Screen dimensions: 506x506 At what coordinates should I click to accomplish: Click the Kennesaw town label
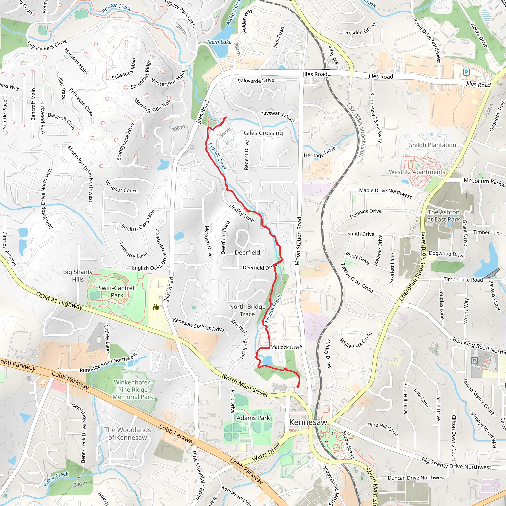coord(308,422)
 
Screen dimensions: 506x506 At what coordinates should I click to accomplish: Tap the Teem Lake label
coord(219,42)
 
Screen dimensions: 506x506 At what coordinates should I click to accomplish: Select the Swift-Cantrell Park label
coord(117,292)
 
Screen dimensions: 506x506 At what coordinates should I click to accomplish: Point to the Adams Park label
coord(253,418)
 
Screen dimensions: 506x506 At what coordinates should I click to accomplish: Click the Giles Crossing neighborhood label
coord(263,133)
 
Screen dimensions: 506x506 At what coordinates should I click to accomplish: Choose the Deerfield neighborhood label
coord(247,253)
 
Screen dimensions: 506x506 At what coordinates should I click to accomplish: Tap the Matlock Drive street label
coord(286,347)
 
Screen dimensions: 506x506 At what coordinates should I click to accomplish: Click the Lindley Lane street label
coord(241,213)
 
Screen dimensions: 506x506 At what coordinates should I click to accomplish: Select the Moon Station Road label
coord(298,241)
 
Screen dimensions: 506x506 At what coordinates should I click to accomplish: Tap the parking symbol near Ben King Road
coord(474,361)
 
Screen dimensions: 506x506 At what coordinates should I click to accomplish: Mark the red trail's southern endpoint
coord(298,386)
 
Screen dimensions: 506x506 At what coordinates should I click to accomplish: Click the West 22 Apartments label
coord(417,172)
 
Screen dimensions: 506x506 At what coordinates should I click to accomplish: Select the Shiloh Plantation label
coord(432,145)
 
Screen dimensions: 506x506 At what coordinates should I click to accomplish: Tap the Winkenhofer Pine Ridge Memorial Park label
coord(133,389)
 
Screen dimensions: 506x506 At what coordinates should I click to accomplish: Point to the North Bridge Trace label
coord(247,310)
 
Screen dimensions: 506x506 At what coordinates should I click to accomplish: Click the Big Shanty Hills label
coord(78,275)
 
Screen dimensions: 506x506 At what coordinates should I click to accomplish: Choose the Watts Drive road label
coord(266,452)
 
